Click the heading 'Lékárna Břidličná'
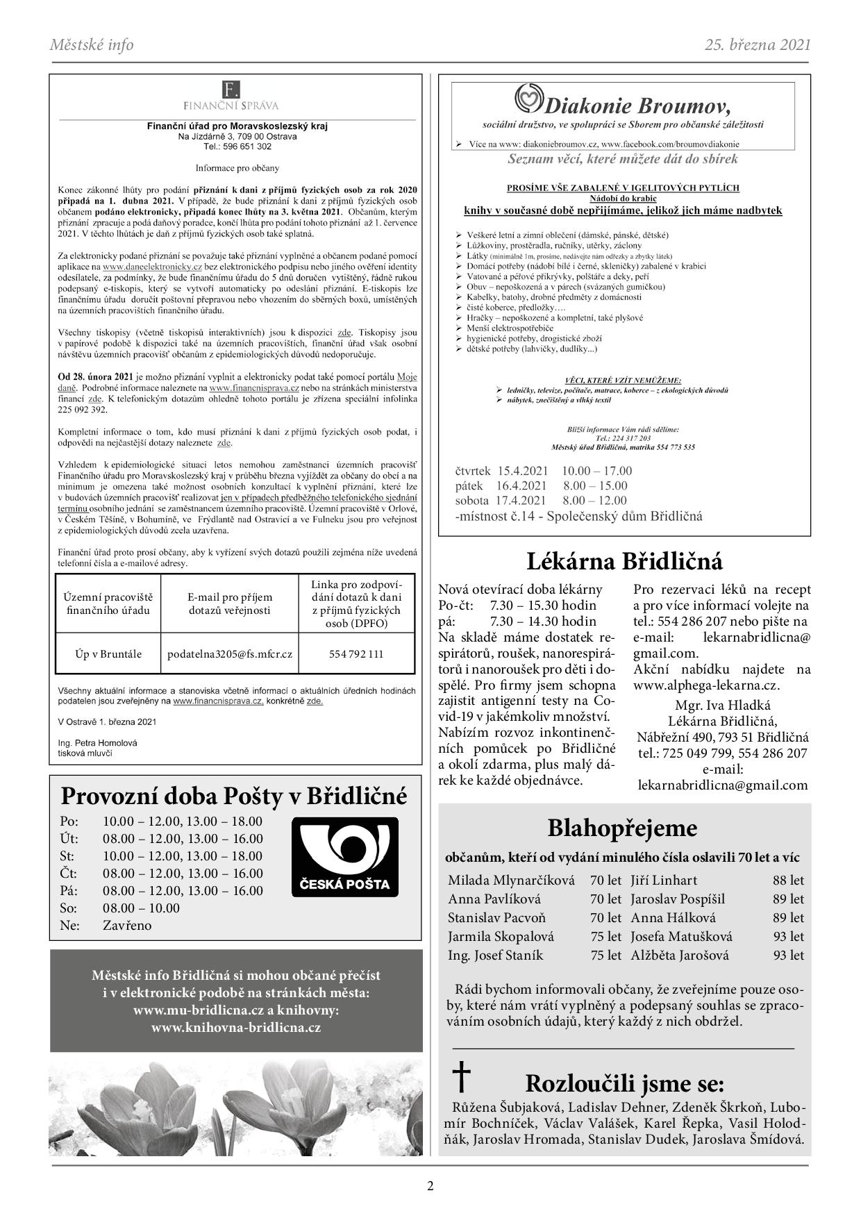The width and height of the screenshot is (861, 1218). [x=624, y=560]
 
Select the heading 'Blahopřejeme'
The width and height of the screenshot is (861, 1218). [x=622, y=828]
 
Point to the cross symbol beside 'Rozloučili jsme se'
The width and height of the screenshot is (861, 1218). [x=461, y=1077]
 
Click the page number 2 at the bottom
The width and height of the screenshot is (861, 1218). [x=430, y=1185]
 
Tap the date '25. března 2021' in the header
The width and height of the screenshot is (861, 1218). [x=758, y=45]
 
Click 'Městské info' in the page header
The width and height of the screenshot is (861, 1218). [x=92, y=45]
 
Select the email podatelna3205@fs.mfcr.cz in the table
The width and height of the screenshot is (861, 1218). [x=230, y=653]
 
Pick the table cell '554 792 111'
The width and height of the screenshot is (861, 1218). [x=356, y=653]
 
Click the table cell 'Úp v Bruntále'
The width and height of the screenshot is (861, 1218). [x=108, y=653]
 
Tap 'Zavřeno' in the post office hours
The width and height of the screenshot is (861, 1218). [x=127, y=925]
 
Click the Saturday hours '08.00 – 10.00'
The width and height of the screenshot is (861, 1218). [x=141, y=908]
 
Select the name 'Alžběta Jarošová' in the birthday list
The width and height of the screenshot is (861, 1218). [x=680, y=955]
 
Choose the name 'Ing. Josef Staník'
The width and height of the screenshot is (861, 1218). [x=495, y=955]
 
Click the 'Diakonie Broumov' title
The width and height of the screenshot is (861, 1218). [x=637, y=106]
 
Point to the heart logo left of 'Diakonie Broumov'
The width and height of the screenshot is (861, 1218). [x=529, y=99]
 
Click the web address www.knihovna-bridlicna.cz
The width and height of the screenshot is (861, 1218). [x=236, y=1028]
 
